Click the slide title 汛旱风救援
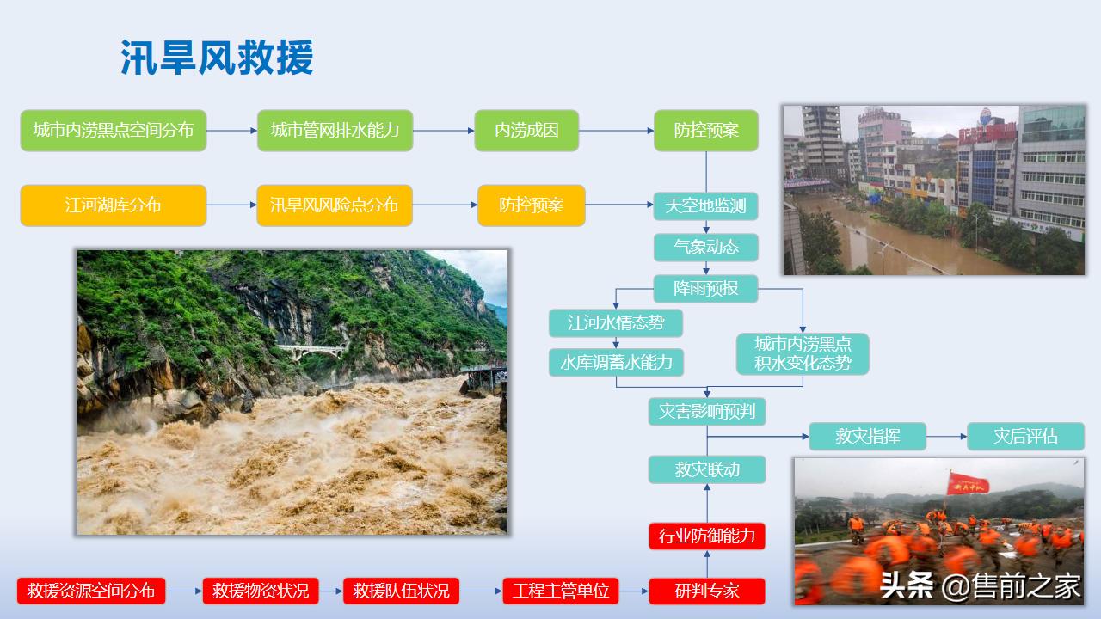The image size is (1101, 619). tap(217, 58)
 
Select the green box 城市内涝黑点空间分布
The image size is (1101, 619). tap(114, 131)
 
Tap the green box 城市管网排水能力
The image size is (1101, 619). tap(335, 131)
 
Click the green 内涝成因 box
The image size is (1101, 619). tap(526, 131)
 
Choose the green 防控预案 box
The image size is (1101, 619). tap(705, 131)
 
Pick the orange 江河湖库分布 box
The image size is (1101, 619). tap(114, 205)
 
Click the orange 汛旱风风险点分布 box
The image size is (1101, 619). tap(335, 205)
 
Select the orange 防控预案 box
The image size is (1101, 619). tap(531, 205)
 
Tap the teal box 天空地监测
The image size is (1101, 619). tap(705, 206)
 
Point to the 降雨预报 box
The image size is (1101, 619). tap(705, 288)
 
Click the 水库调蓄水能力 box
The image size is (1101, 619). tap(616, 362)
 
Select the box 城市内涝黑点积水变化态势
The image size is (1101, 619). tap(803, 353)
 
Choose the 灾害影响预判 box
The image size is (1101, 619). tap(705, 412)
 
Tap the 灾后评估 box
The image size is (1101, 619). tap(1025, 436)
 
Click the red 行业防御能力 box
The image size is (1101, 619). tap(706, 536)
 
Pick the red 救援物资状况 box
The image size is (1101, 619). tap(261, 591)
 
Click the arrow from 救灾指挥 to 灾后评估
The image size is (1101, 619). tap(946, 437)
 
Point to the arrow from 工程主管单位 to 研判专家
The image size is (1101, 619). tap(633, 591)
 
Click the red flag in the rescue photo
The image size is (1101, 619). tap(968, 484)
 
